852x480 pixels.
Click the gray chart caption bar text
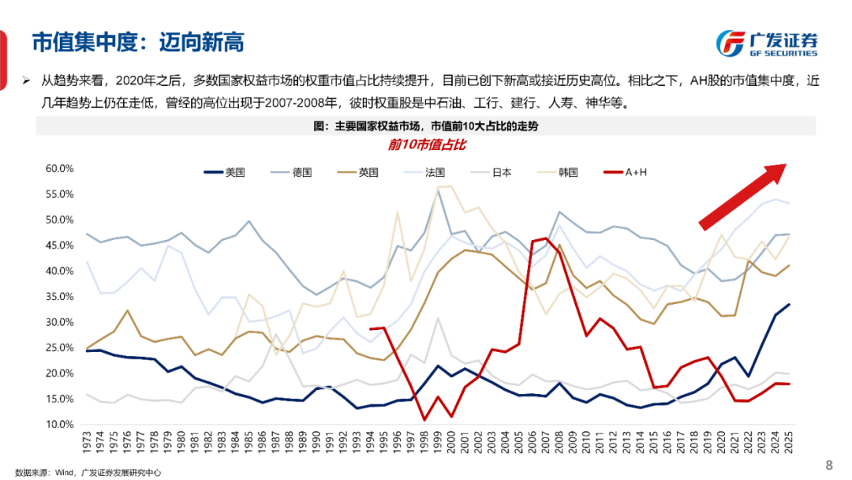[425, 126]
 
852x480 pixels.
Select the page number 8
[828, 463]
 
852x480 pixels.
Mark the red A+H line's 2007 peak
[546, 238]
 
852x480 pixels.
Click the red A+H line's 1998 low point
[424, 419]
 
